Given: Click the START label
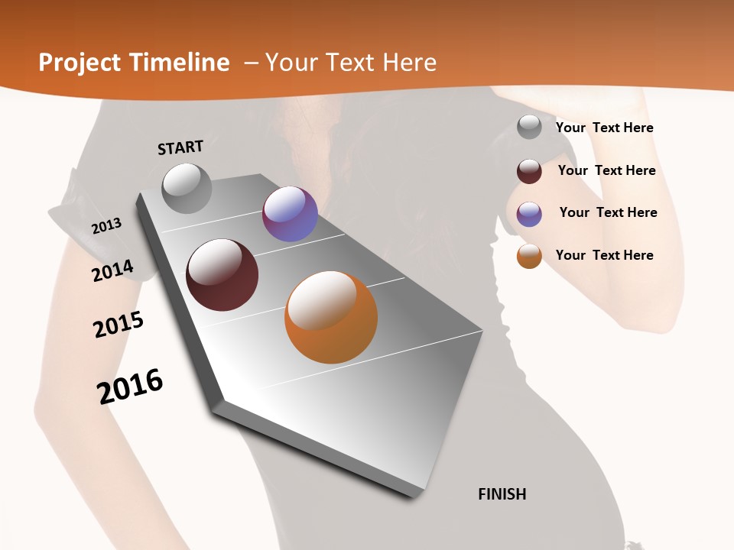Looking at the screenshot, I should (x=180, y=147).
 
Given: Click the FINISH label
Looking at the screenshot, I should (x=502, y=494).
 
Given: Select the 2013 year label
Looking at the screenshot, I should (x=107, y=225).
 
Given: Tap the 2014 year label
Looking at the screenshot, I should (x=113, y=270).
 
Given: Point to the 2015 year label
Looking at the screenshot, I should (x=119, y=324).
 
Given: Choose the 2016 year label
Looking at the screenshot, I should (x=130, y=386).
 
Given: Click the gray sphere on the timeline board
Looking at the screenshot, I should (x=187, y=188).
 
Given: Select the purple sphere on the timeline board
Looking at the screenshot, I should (x=290, y=214).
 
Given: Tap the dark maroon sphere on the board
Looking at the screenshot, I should (x=222, y=275).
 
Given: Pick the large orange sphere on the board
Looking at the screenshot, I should (x=331, y=317).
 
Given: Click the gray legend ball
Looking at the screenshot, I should (x=529, y=128).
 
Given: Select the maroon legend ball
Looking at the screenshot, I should (x=529, y=171).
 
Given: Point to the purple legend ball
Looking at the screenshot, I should (x=529, y=214).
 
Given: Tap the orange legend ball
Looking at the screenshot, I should (x=529, y=256).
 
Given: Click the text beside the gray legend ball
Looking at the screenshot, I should (x=604, y=128).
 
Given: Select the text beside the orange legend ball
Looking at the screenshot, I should (x=604, y=255).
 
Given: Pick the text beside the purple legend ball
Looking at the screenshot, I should (x=608, y=212).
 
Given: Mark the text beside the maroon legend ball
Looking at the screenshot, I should (x=606, y=170).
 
